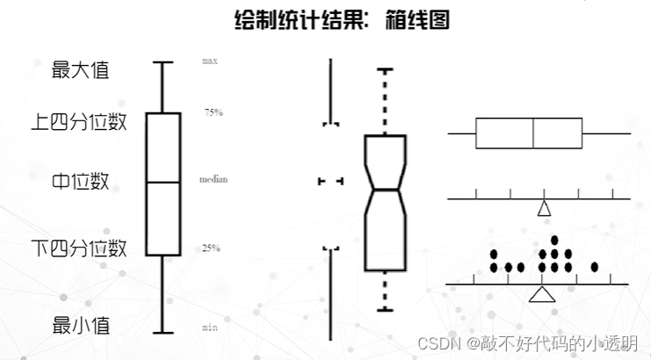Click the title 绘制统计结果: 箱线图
tap(343, 20)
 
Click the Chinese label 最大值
tap(80, 70)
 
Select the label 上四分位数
tap(79, 121)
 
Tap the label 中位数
tap(80, 182)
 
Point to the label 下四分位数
tap(79, 247)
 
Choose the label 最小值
tap(80, 325)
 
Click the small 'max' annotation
tap(210, 61)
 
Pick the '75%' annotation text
tap(213, 112)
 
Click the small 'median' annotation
tap(213, 179)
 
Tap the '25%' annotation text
tap(212, 248)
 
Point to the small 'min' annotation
tap(210, 327)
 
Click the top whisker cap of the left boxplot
tap(163, 62)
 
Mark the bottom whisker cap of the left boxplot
tap(163, 333)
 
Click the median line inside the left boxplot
tap(163, 182)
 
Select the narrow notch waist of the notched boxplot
tap(385, 188)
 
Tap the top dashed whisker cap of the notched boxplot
tap(385, 68)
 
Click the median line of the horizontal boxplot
tap(534, 133)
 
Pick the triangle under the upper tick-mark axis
tap(544, 209)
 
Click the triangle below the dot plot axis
tap(543, 294)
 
